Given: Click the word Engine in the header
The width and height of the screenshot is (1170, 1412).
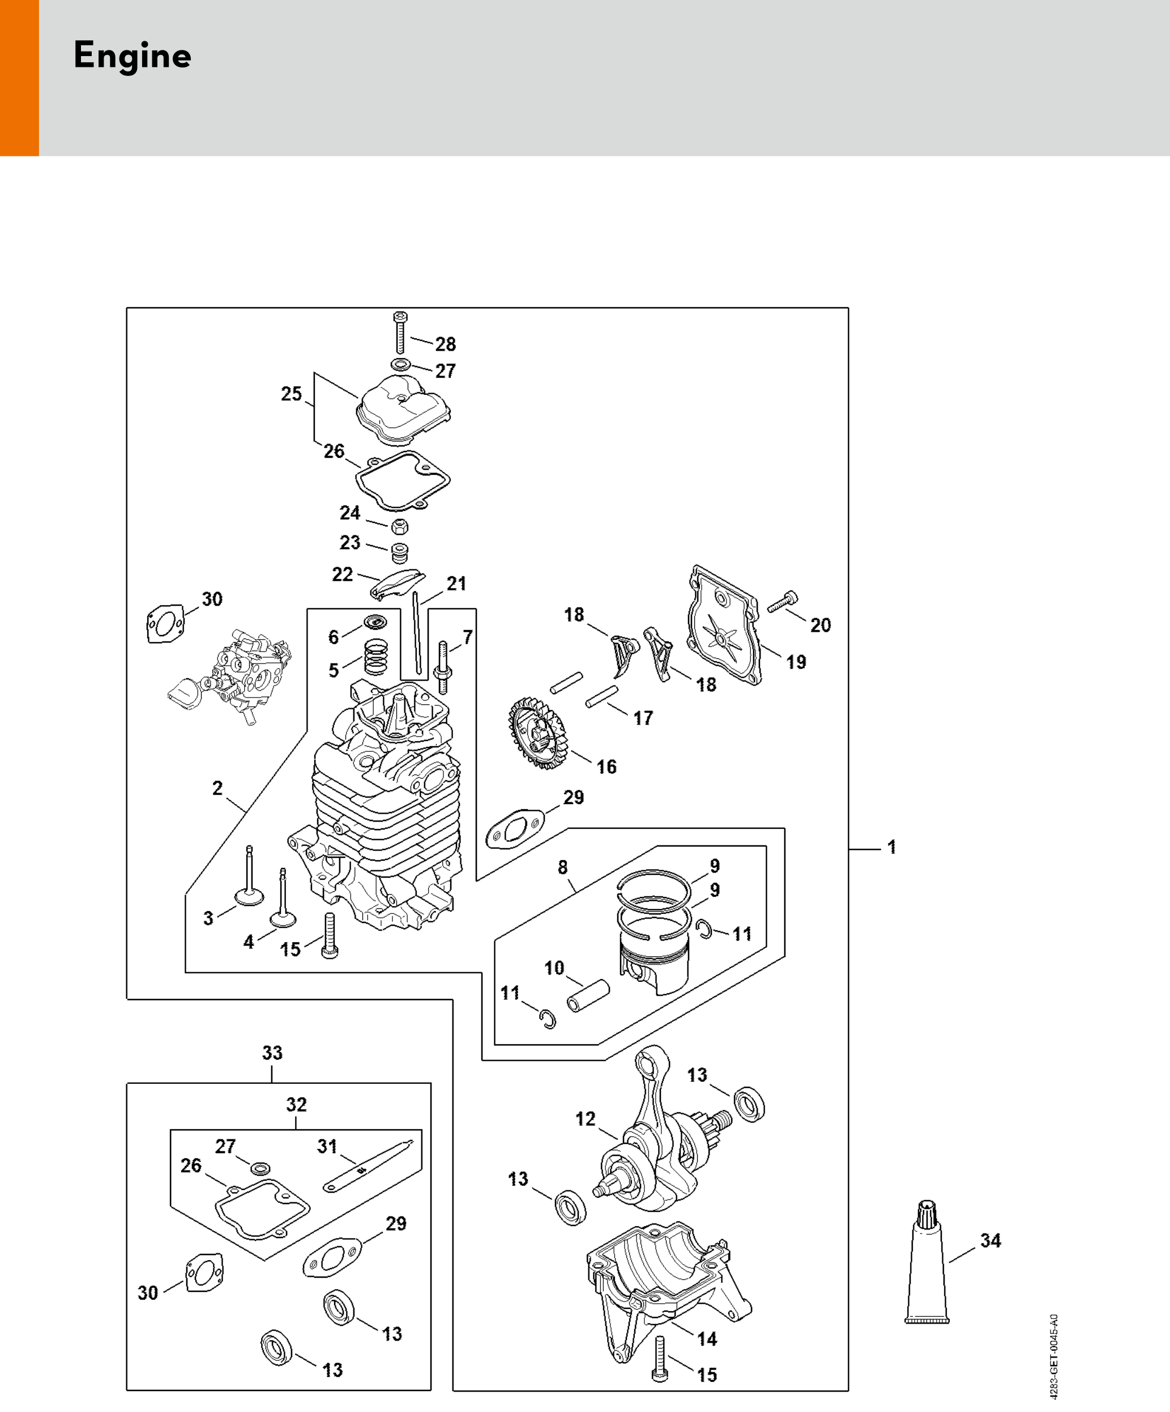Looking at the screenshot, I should pyautogui.click(x=133, y=56).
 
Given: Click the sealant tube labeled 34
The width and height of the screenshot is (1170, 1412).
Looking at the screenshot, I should pyautogui.click(x=926, y=1264).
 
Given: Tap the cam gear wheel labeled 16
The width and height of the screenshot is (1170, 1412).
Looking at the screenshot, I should pyautogui.click(x=537, y=733).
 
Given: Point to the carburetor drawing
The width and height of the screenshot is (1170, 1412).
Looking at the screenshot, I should pyautogui.click(x=232, y=679).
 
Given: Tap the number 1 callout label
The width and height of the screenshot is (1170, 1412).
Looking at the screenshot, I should pyautogui.click(x=892, y=847).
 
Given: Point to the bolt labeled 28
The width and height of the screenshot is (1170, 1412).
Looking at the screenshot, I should pyautogui.click(x=400, y=332).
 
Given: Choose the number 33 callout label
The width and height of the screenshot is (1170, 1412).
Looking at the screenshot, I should pyautogui.click(x=272, y=1053).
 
